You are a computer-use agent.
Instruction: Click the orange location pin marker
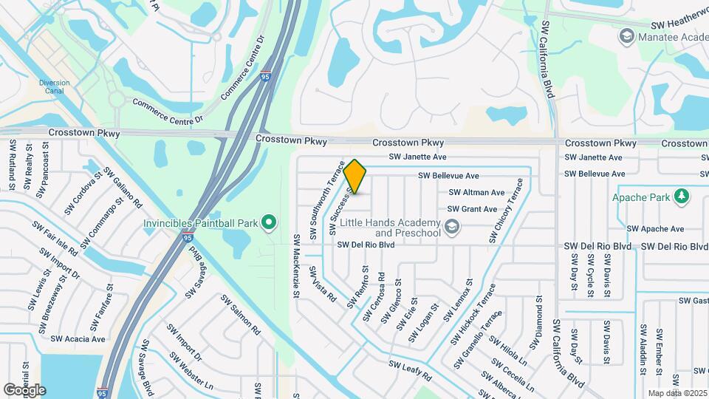point(355,177)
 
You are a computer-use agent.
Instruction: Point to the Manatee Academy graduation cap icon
point(627,35)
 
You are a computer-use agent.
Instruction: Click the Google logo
point(24,390)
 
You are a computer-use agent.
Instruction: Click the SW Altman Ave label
point(476,192)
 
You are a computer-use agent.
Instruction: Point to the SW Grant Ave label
point(472,209)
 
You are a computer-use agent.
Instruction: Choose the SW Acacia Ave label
point(78,338)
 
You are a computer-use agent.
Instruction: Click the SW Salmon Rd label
point(240,314)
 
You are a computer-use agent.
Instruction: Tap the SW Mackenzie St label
point(295,266)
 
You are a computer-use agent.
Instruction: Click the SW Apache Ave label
point(655,229)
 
